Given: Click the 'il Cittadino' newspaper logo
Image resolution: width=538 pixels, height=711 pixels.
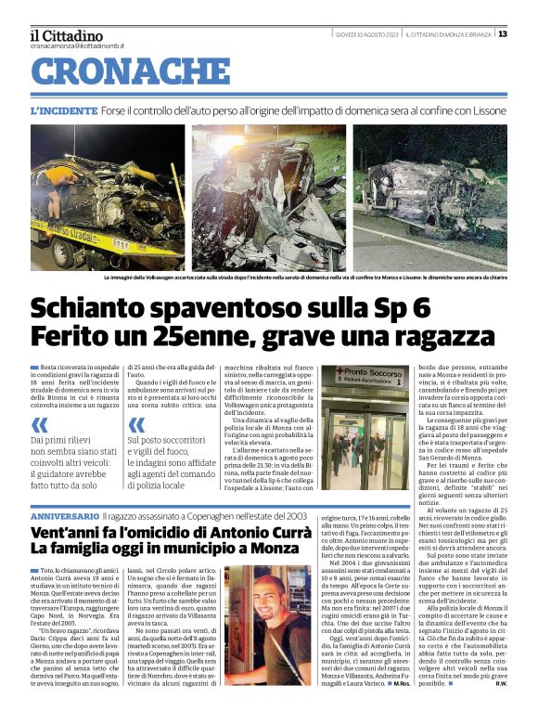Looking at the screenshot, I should [66, 34].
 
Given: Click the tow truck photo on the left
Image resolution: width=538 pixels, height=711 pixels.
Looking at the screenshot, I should [108, 198].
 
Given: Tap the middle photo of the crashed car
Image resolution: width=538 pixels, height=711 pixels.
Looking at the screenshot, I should [268, 198].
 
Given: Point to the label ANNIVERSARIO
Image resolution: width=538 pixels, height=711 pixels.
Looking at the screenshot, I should [65, 515].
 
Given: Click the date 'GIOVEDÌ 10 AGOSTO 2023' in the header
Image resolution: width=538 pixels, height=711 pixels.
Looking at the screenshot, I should [368, 34].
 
